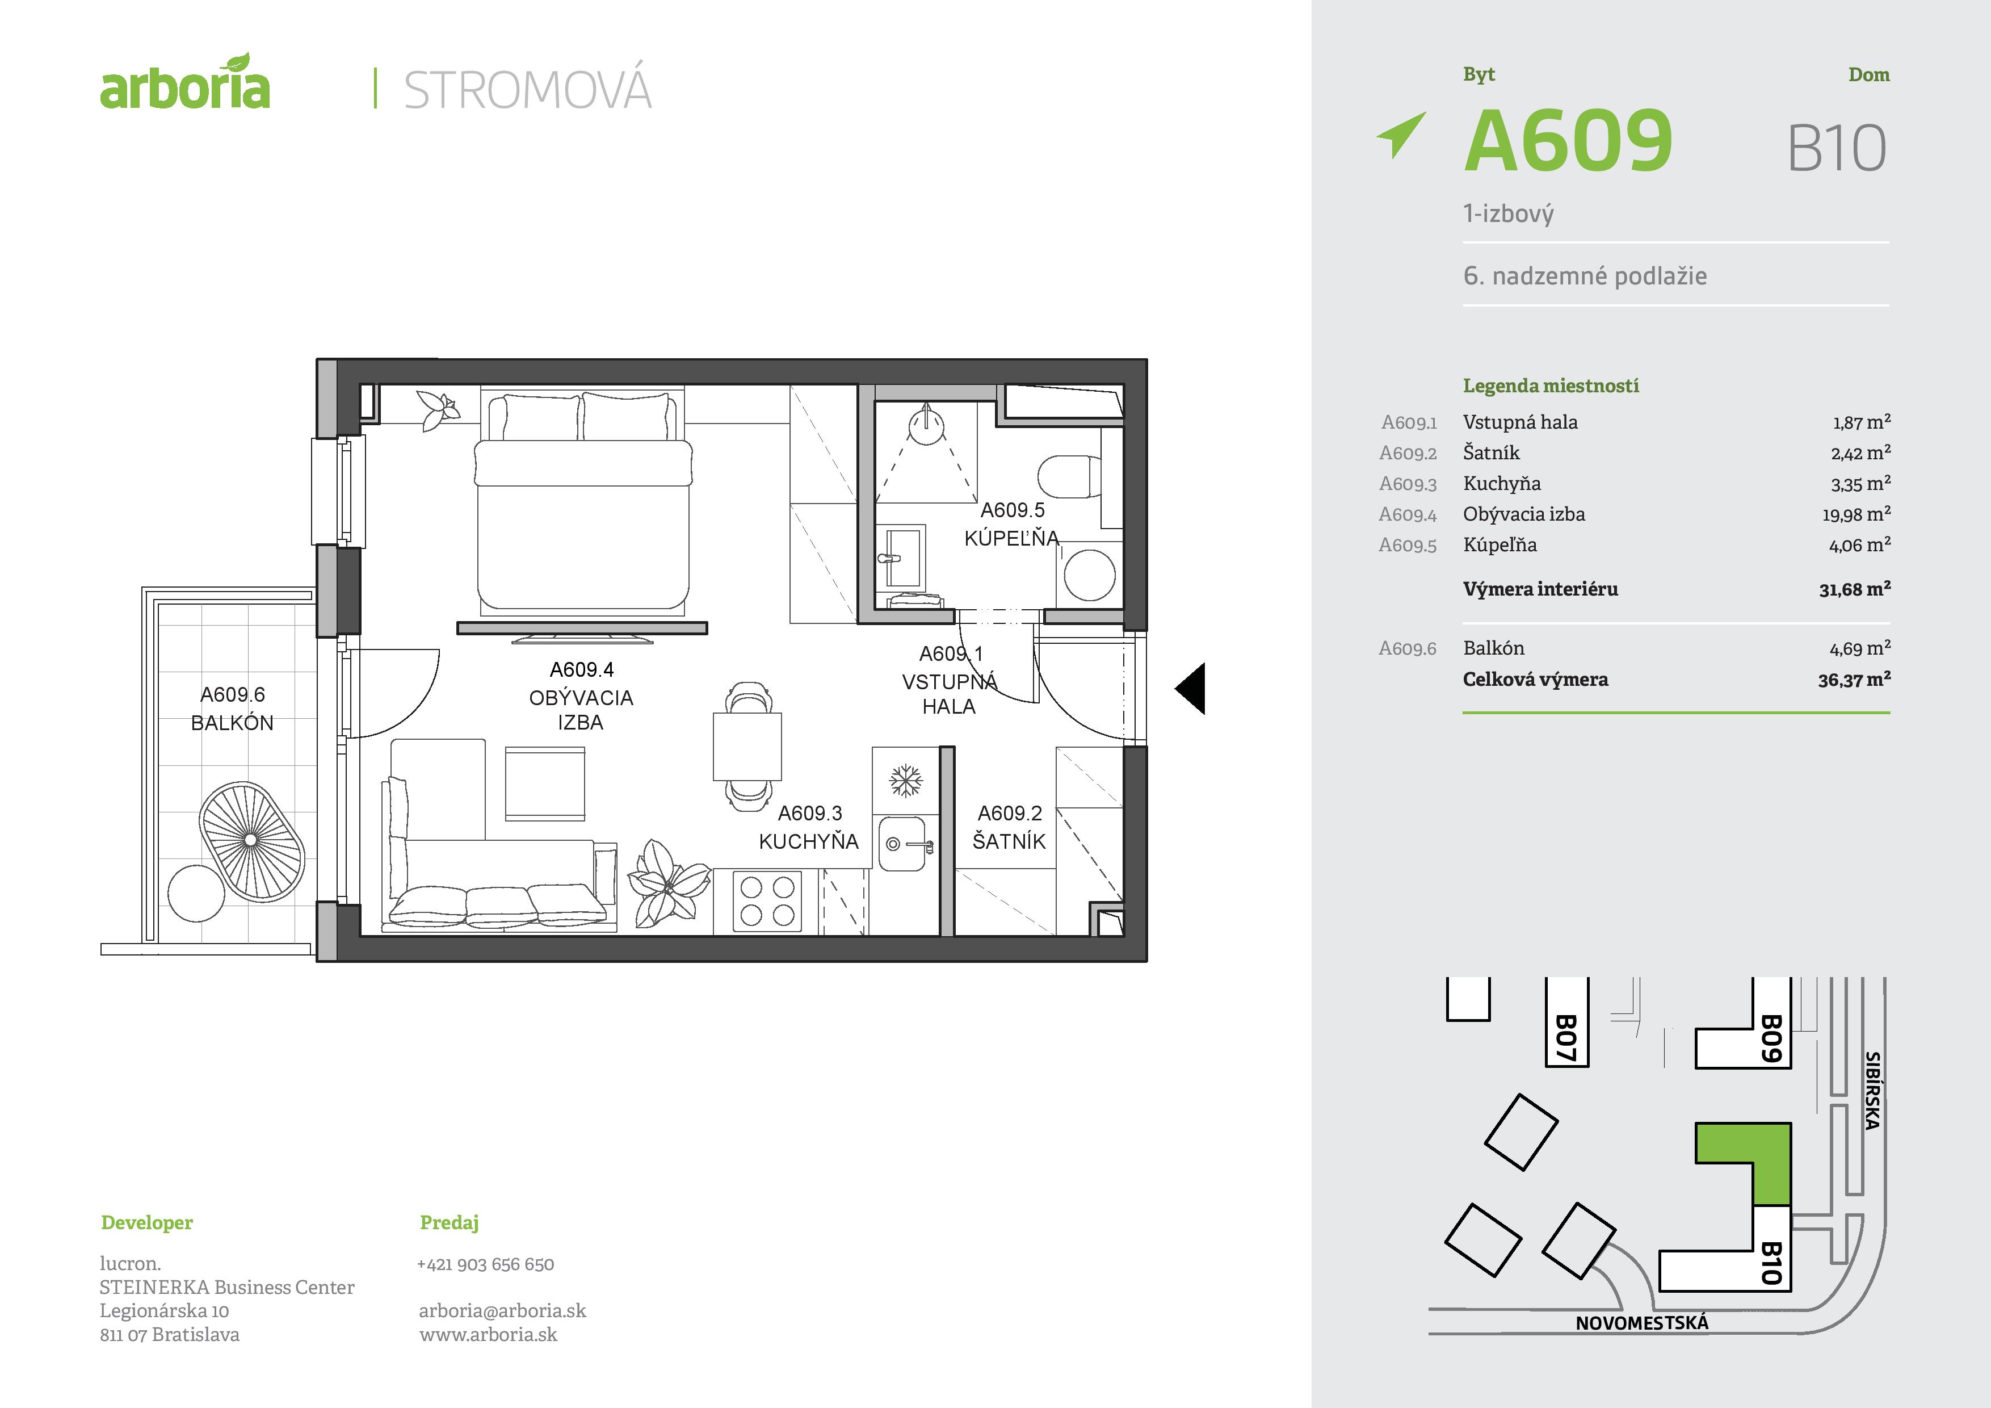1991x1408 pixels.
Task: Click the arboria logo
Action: coord(184,84)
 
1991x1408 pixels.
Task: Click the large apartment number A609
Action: coord(1568,141)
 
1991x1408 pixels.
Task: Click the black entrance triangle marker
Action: coord(1191,689)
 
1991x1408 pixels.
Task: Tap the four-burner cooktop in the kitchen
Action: coord(767,902)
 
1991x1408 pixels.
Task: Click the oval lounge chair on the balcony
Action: coord(251,840)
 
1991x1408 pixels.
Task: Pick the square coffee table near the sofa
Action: coord(545,782)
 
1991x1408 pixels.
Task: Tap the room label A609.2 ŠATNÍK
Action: coord(1009,827)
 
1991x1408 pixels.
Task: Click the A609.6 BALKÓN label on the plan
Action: coord(232,709)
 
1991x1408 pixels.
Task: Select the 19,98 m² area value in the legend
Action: coord(1856,514)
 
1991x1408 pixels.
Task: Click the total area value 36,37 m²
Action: coord(1854,680)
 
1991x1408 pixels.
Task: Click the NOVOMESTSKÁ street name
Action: coord(1641,1323)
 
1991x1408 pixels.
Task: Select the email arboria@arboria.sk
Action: coord(502,1311)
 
